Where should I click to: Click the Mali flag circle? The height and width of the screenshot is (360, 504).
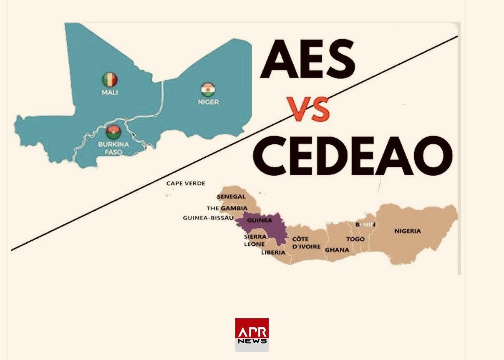pos(110,79)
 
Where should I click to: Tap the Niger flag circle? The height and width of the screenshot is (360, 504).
pos(208,90)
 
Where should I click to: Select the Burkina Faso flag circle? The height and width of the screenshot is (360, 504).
pos(113,132)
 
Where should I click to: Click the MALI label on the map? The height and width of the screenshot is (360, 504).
pos(110,92)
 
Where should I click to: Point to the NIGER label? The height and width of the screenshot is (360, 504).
pos(208,102)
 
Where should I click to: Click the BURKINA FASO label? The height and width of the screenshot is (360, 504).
pos(113,148)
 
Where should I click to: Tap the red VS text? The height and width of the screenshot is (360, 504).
pos(309,110)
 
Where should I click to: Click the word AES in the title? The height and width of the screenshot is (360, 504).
pos(307,60)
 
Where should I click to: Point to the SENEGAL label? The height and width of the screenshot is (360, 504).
pos(231,196)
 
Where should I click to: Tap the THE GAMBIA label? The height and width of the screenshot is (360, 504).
pos(227,208)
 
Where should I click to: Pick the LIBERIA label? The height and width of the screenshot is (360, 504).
pos(273,252)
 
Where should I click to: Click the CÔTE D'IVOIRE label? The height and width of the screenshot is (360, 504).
pos(306,243)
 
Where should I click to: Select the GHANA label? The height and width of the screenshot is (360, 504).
pos(337,250)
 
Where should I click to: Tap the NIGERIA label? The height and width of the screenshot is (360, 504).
pos(408,231)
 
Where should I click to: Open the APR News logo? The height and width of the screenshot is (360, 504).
pos(252,335)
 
